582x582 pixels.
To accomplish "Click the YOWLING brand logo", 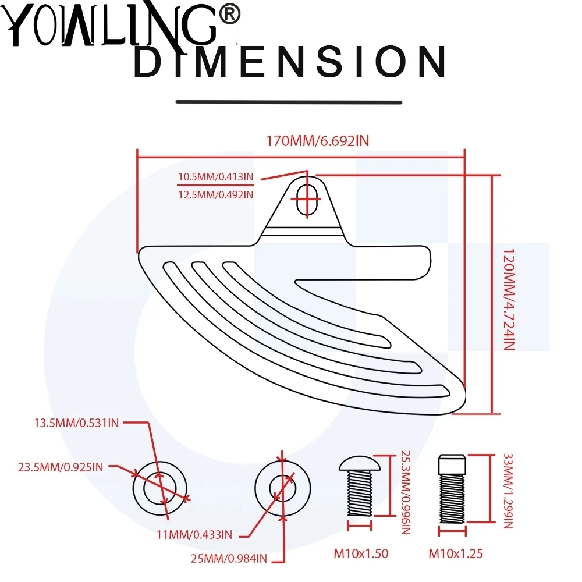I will coord(111,26).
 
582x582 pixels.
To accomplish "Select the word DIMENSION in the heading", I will coord(289,63).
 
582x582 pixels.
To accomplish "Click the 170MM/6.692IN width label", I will coord(318,141).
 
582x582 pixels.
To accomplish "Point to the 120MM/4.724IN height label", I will coord(509,297).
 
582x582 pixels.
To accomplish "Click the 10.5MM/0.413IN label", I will coord(216,177).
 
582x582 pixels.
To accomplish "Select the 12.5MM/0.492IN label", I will coord(216,194).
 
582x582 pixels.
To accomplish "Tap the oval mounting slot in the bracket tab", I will coord(306,201).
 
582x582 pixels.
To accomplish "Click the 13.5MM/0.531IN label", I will coord(76,423).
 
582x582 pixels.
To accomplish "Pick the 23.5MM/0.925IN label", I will coord(61,466).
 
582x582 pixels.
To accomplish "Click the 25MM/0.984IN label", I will coord(229,559).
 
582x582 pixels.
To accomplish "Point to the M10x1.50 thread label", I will coord(361,553).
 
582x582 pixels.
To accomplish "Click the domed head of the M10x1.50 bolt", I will coord(360,463).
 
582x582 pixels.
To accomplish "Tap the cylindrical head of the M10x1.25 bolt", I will coord(453,464).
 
